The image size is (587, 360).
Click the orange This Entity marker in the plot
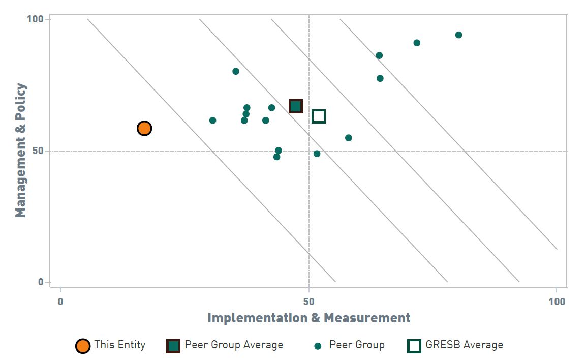pos(144,128)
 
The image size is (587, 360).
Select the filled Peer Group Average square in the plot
pos(296,106)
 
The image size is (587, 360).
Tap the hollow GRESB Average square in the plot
pos(319,116)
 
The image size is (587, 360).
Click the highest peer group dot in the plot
pos(458,35)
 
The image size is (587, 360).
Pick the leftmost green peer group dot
pos(212,121)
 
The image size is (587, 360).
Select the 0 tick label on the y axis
pos(41,283)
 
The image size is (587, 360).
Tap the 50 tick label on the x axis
pos(308,302)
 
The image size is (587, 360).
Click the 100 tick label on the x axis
pos(557,302)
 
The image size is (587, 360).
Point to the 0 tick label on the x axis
pos(60,302)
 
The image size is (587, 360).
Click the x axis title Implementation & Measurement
pos(308,318)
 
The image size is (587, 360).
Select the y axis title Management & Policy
pos(20,151)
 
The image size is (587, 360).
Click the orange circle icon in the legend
pos(83,346)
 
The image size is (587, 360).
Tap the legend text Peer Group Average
pos(234,345)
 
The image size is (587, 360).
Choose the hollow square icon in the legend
pos(414,346)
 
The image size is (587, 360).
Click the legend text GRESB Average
pos(464,345)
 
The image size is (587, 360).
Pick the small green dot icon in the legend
pos(318,346)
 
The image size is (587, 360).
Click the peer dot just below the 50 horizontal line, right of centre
pos(317,154)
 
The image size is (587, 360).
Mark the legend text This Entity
pos(119,345)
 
